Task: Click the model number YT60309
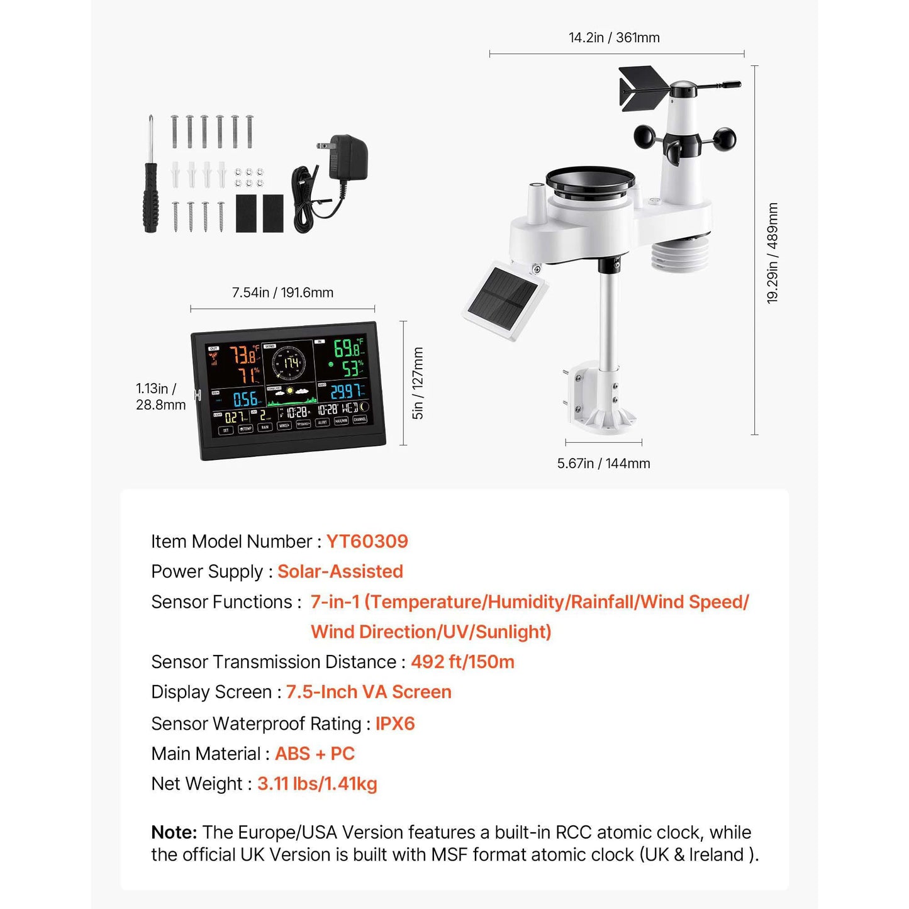pyautogui.click(x=367, y=541)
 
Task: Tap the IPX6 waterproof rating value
pyautogui.click(x=395, y=723)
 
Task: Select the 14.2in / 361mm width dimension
pyautogui.click(x=614, y=38)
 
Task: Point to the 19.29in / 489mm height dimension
pyautogui.click(x=772, y=253)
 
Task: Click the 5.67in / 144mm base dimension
pyautogui.click(x=603, y=464)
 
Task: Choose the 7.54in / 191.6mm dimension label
pyautogui.click(x=282, y=293)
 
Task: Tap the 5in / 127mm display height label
pyautogui.click(x=418, y=383)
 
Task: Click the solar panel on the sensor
pyautogui.click(x=505, y=299)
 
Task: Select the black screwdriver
pyautogui.click(x=150, y=182)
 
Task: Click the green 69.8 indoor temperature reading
pyautogui.click(x=348, y=348)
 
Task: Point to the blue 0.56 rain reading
pyautogui.click(x=245, y=399)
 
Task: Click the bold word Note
pyautogui.click(x=174, y=832)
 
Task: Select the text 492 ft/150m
pyautogui.click(x=462, y=662)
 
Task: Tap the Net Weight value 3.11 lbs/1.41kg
pyautogui.click(x=317, y=784)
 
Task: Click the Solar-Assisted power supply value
pyautogui.click(x=340, y=571)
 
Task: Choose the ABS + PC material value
pyautogui.click(x=315, y=754)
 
